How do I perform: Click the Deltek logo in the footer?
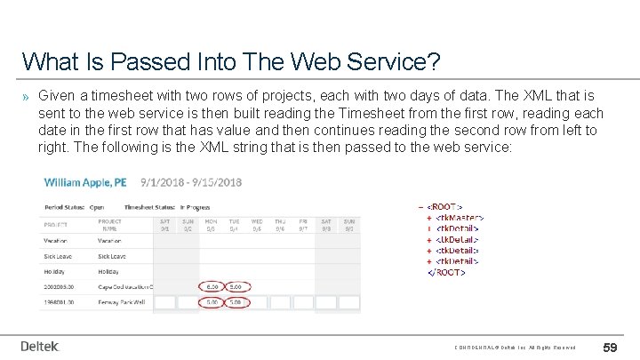pos(39,347)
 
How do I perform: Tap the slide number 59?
pos(611,347)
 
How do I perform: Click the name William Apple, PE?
pos(85,182)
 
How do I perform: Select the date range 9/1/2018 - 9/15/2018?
pos(191,182)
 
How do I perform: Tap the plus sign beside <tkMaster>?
pos(429,217)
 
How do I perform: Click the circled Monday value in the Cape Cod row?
pos(212,287)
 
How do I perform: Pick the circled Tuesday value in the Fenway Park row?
pos(235,301)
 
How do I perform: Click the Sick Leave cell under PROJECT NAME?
pos(112,255)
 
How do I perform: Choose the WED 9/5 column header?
pos(257,224)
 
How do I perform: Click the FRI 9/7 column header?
pos(303,224)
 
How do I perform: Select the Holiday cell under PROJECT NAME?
pos(108,271)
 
